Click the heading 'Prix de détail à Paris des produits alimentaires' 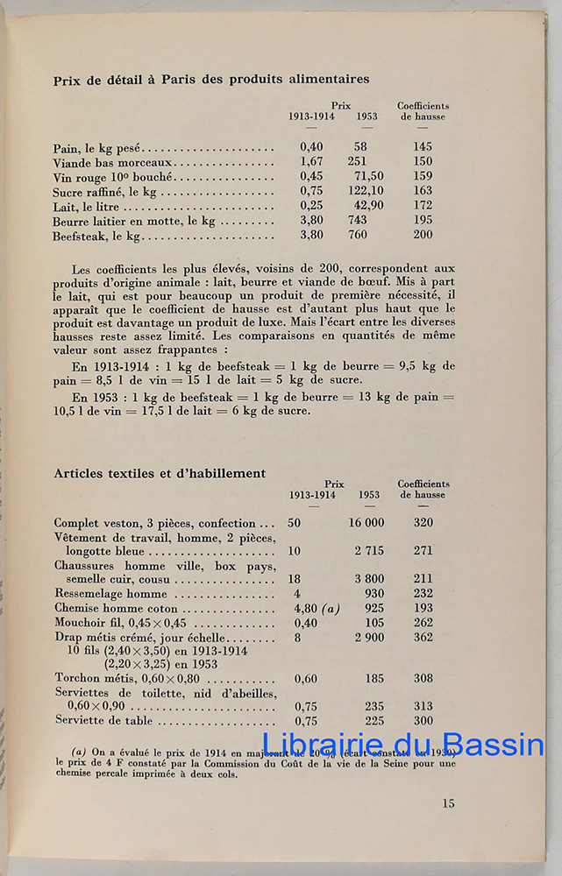pos(211,79)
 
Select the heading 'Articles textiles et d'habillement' pos(160,473)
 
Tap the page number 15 pos(448,803)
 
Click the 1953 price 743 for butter pos(357,221)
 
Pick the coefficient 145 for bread pos(423,147)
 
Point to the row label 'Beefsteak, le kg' pos(96,237)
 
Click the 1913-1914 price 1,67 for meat pos(311,161)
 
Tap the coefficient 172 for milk pos(423,206)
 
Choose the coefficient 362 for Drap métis pos(423,638)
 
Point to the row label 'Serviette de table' pos(103,721)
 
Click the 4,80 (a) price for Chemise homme pos(319,608)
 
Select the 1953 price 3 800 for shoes pos(369,579)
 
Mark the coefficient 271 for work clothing pos(423,552)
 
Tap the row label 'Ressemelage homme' pos(110,594)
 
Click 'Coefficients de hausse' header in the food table pos(423,111)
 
